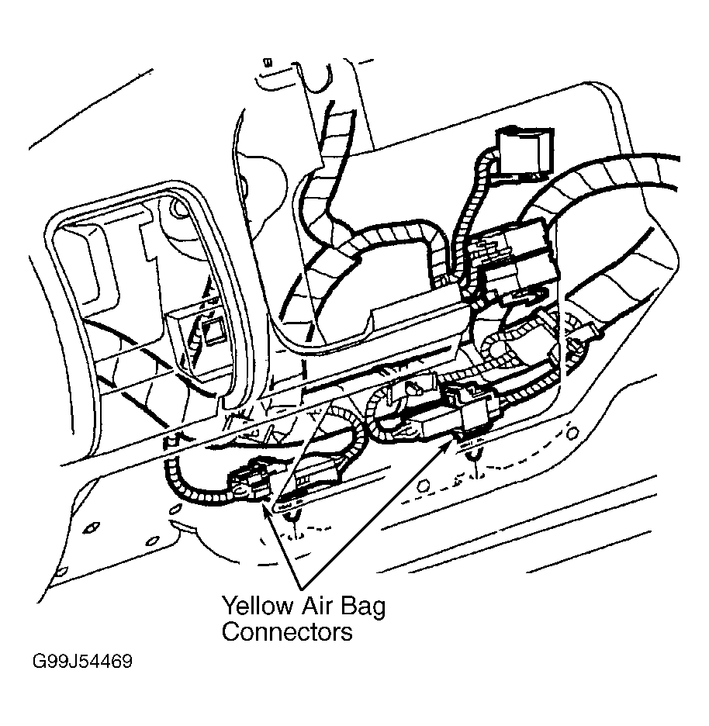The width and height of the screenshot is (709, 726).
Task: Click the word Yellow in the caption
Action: click(x=258, y=606)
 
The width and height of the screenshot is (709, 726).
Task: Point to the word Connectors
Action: click(x=287, y=631)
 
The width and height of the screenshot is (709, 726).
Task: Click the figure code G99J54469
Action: click(x=82, y=661)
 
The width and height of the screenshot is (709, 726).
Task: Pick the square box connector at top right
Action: click(x=524, y=154)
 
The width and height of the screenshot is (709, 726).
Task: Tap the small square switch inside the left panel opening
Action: click(x=213, y=331)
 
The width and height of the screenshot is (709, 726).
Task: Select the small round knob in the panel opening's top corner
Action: click(x=179, y=209)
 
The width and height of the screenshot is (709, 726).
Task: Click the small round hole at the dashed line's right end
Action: click(x=572, y=433)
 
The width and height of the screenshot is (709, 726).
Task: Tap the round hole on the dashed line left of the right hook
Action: click(x=423, y=486)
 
